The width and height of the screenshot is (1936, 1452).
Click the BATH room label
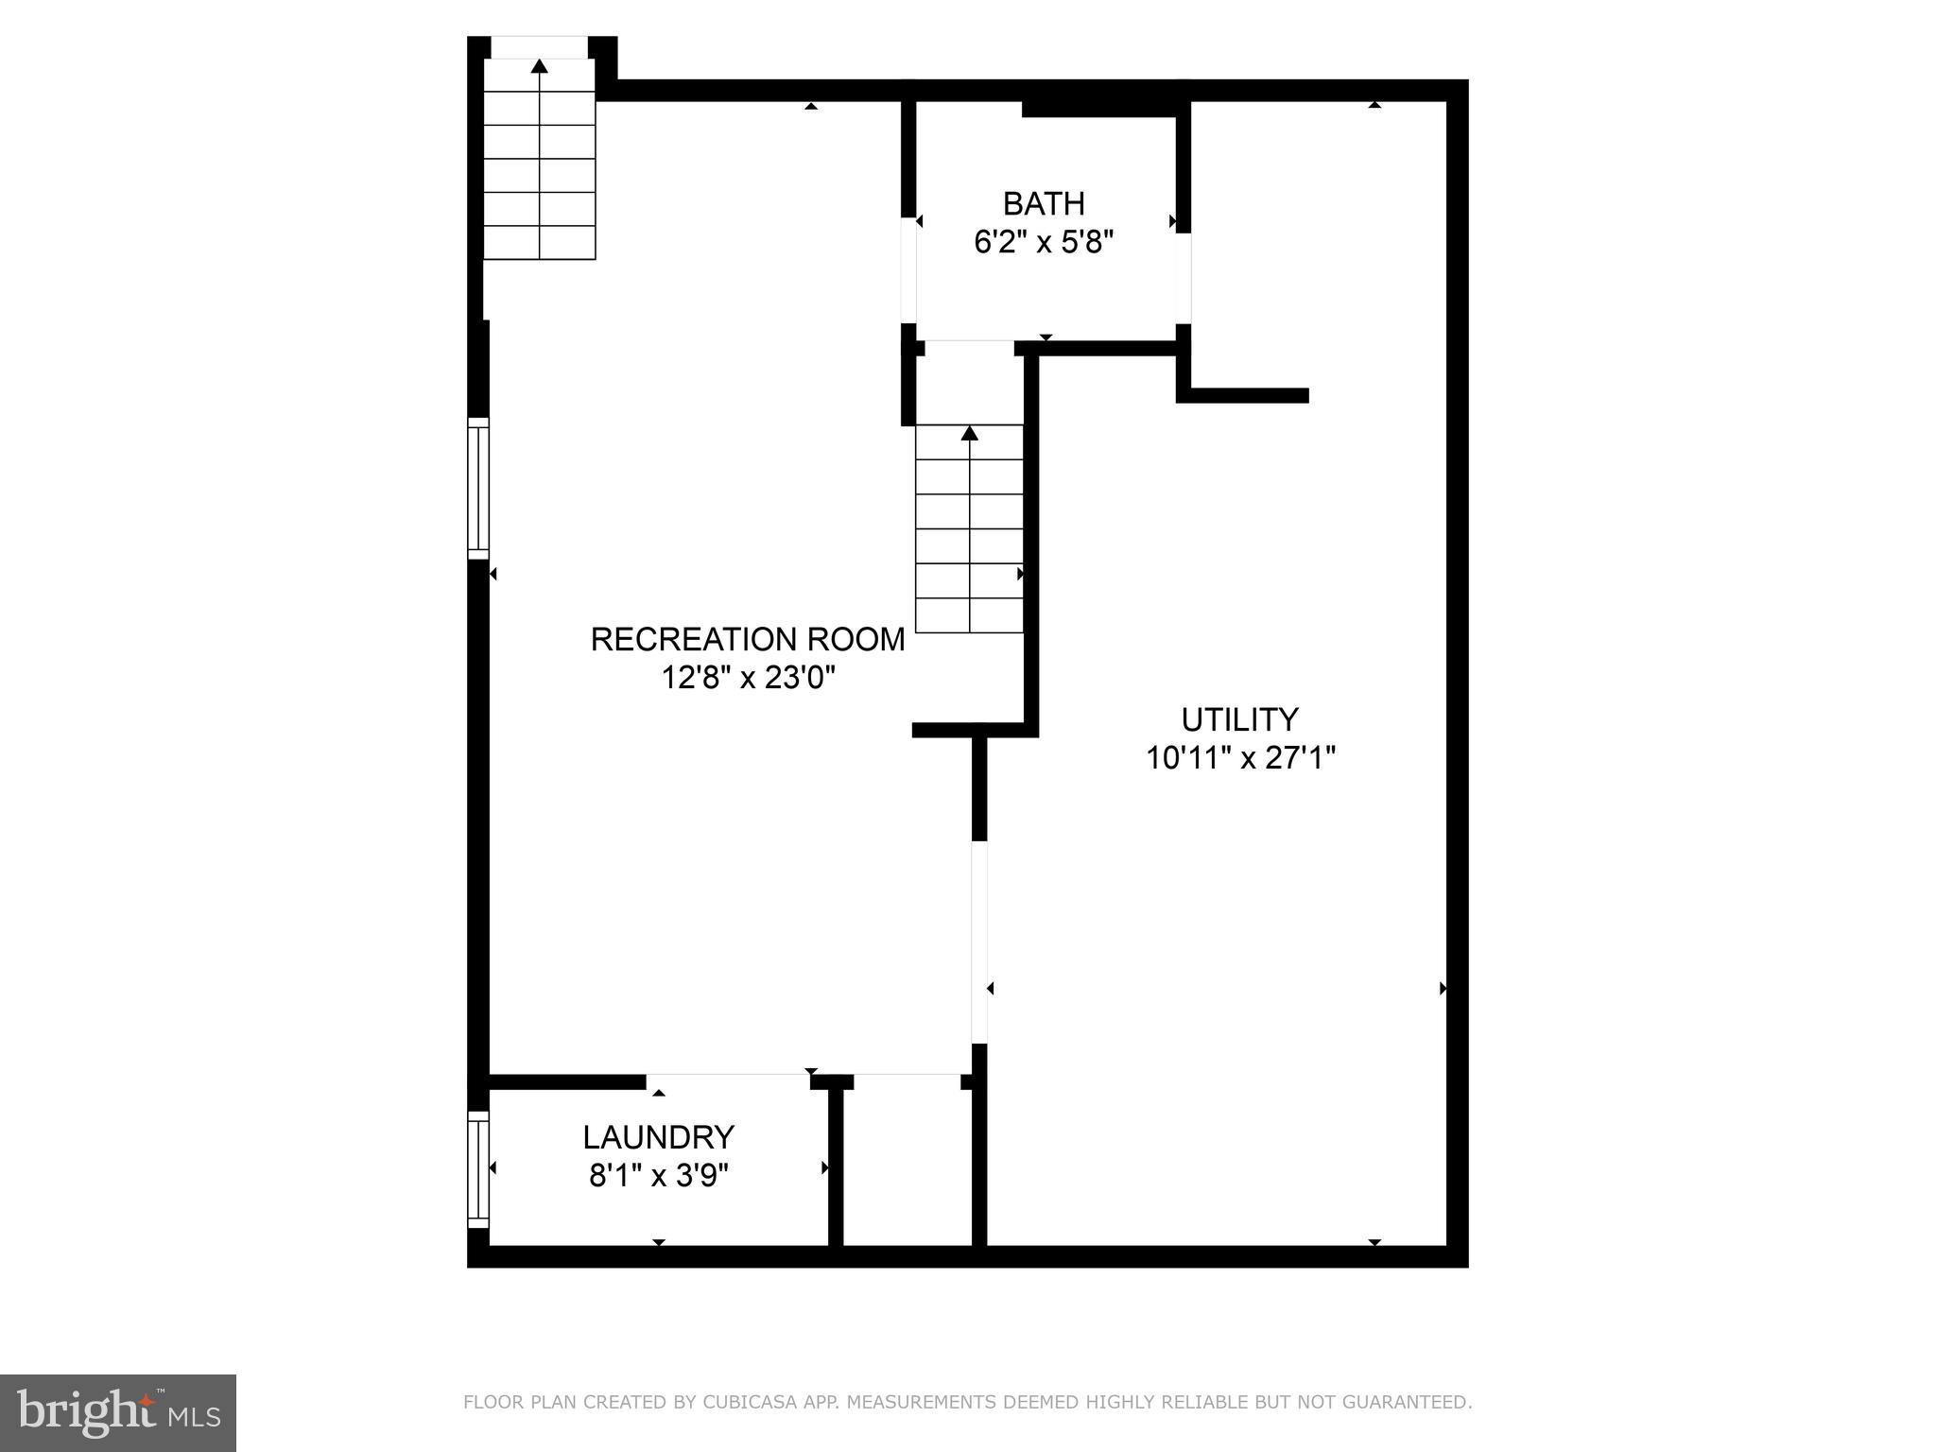[1044, 203]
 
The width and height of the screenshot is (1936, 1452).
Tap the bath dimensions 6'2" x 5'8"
[1044, 243]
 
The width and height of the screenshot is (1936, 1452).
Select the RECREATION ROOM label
[748, 640]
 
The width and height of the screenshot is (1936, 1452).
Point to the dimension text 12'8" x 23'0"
[748, 679]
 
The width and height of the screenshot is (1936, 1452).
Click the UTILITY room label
[1239, 719]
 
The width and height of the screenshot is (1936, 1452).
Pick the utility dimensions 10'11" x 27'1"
[1240, 758]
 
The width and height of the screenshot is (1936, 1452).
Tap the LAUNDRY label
[658, 1136]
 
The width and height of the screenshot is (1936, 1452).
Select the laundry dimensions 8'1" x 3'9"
[659, 1176]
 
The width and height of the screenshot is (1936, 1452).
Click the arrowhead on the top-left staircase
[540, 66]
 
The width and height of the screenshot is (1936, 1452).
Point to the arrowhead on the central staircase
[969, 433]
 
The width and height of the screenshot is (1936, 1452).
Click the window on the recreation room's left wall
[478, 488]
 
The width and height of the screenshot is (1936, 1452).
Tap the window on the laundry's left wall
[478, 1168]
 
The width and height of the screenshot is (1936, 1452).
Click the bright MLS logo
[118, 1412]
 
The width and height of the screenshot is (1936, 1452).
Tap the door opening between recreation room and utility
[979, 942]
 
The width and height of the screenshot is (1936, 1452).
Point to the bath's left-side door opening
[909, 270]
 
